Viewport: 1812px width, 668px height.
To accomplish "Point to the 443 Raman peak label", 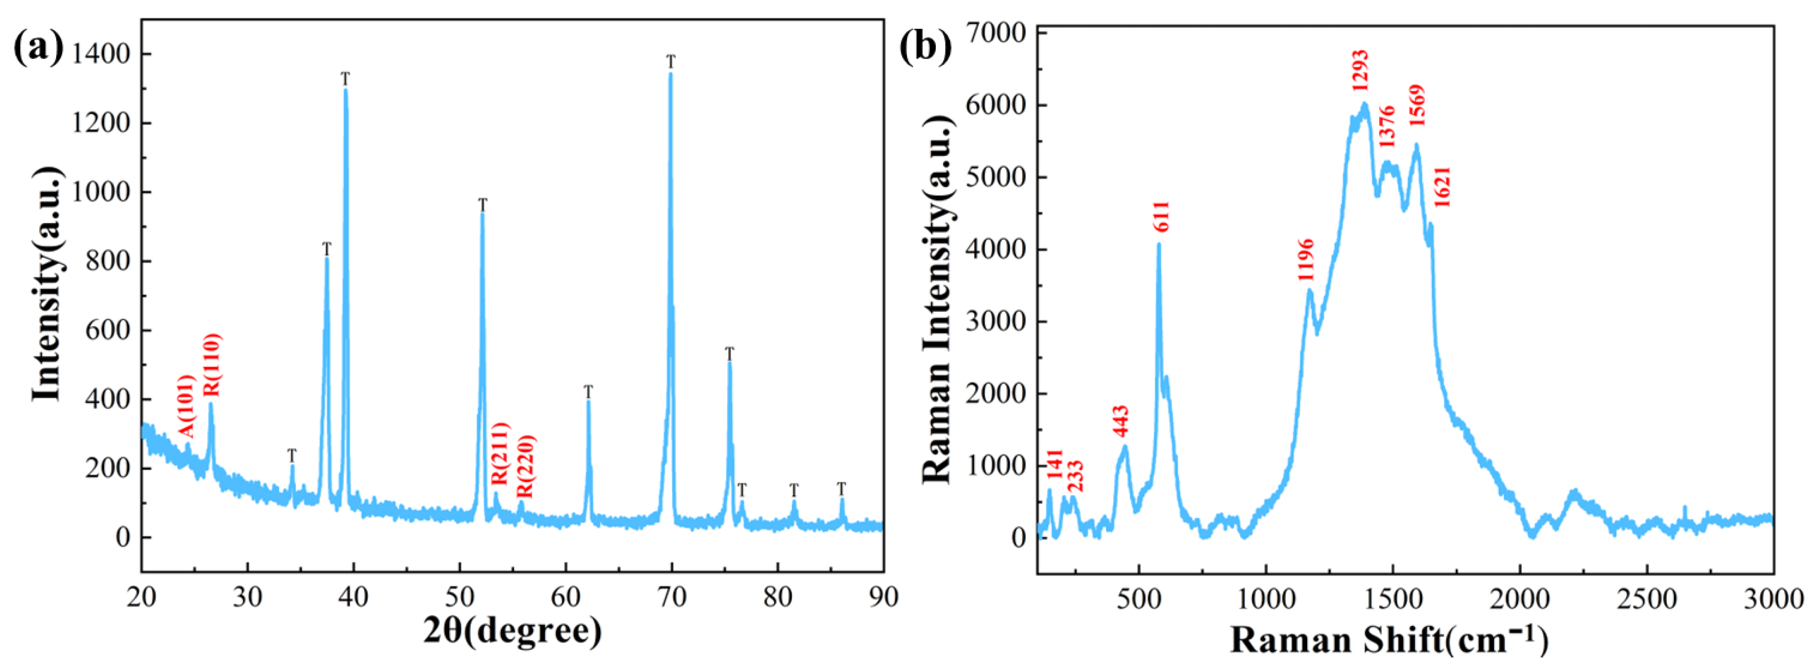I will [1121, 421].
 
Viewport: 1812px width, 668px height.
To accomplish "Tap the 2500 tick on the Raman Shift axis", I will [1647, 599].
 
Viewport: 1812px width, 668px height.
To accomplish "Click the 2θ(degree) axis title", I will [513, 631].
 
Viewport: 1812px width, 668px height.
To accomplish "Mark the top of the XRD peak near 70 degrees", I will [670, 74].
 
